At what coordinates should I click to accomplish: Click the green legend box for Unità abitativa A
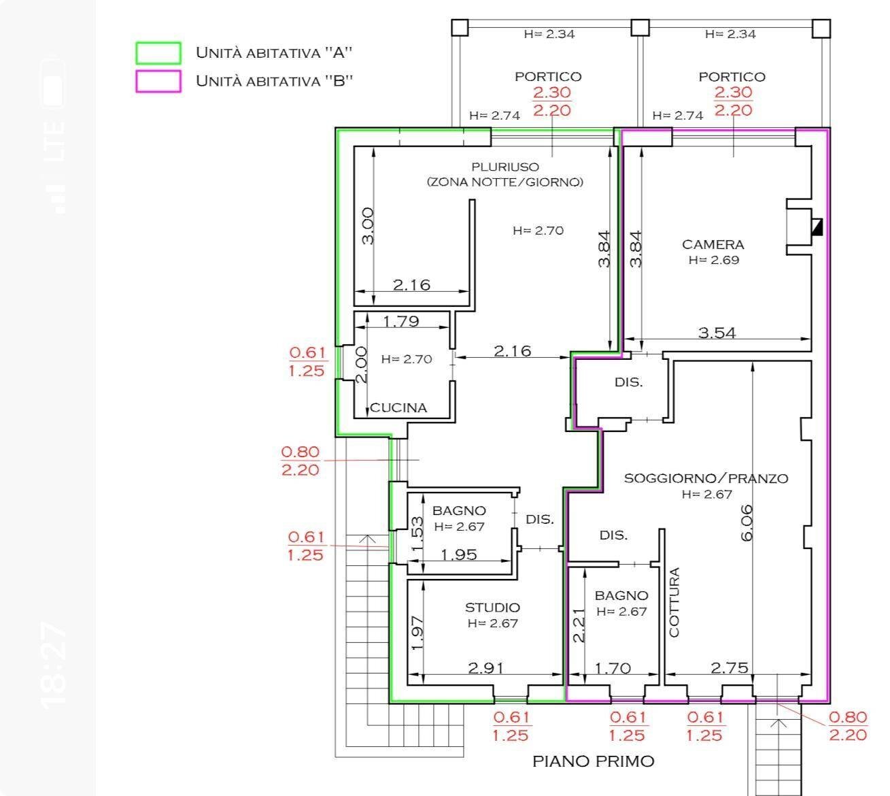click(x=158, y=53)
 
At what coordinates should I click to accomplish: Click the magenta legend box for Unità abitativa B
click(x=158, y=81)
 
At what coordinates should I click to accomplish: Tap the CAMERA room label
click(x=713, y=244)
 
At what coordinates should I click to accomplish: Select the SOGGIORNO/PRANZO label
click(x=706, y=478)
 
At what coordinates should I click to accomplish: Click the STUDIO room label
click(x=492, y=608)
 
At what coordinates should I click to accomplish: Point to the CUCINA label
click(x=398, y=408)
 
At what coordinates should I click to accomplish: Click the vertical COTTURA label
click(x=674, y=603)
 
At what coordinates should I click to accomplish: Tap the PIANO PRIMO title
click(x=593, y=761)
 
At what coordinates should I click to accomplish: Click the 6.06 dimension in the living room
click(x=747, y=523)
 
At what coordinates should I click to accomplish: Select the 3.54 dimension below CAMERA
click(x=717, y=333)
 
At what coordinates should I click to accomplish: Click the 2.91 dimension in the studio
click(x=487, y=668)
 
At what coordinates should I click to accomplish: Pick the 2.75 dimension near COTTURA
click(x=729, y=668)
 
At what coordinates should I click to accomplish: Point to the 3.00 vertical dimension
click(x=366, y=227)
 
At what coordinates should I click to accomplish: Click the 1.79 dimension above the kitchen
click(x=401, y=321)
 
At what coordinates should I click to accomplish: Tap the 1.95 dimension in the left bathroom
click(x=458, y=554)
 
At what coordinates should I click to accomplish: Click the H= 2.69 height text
click(x=713, y=260)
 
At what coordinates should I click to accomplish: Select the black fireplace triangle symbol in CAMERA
click(x=817, y=227)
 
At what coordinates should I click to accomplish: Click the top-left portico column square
click(x=460, y=28)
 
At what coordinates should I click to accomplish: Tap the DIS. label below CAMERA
click(x=628, y=382)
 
